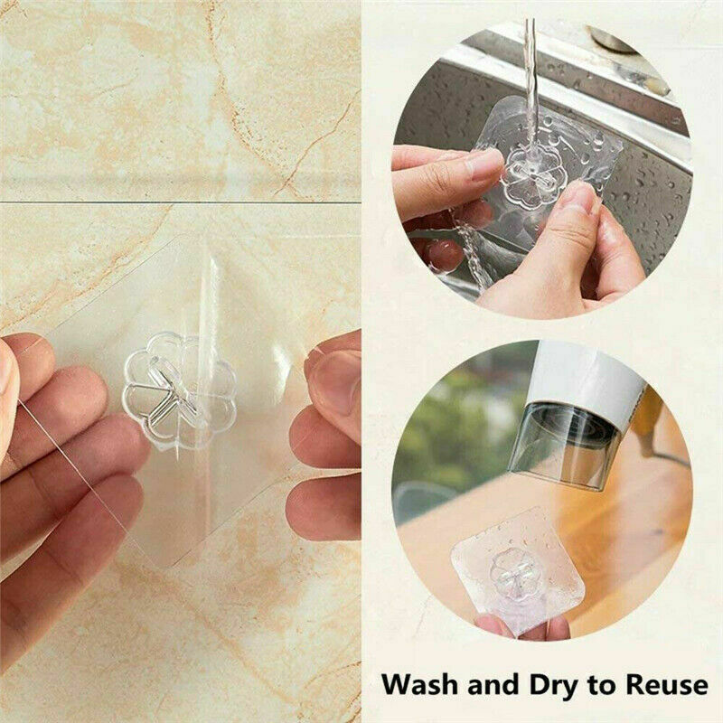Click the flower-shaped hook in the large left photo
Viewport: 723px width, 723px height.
178,390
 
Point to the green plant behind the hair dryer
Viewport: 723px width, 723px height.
443,425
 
